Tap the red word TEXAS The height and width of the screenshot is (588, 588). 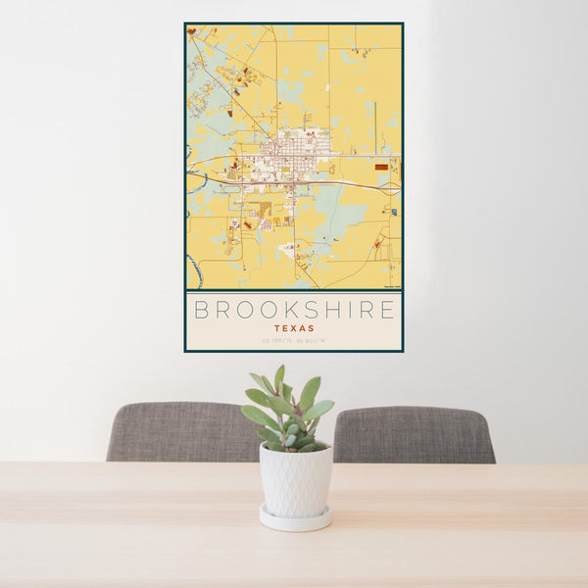(x=294, y=329)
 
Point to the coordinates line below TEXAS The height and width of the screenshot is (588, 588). (x=294, y=341)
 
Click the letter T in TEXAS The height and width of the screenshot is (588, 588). (x=277, y=329)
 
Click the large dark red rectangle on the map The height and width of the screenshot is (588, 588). (x=380, y=167)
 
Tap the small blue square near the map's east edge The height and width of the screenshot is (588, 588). (x=393, y=212)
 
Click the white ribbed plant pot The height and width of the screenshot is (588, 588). (x=295, y=480)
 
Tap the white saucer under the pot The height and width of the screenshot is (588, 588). (x=295, y=519)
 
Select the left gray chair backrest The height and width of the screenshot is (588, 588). (x=181, y=431)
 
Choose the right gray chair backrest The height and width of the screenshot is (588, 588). (x=414, y=434)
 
